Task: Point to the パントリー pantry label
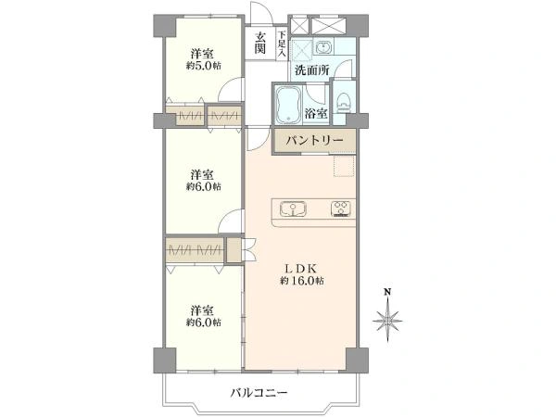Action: pyautogui.click(x=314, y=140)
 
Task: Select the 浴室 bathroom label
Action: pyautogui.click(x=316, y=114)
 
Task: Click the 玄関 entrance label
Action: pyautogui.click(x=261, y=43)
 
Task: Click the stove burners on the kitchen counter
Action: pyautogui.click(x=340, y=208)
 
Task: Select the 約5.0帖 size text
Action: pyautogui.click(x=203, y=66)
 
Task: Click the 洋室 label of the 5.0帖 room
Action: pyautogui.click(x=203, y=54)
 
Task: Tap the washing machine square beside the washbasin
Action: pyautogui.click(x=303, y=47)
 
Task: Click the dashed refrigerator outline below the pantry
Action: pyautogui.click(x=345, y=165)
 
